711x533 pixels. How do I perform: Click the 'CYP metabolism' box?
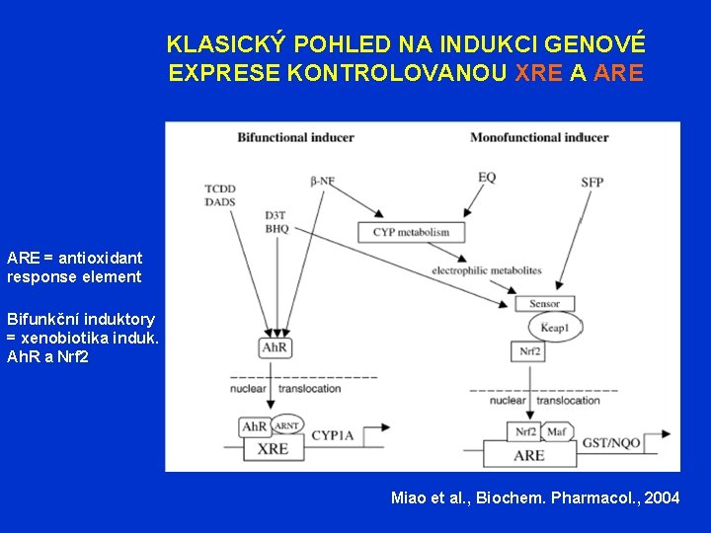coord(411,233)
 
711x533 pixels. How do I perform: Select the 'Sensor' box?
coord(544,304)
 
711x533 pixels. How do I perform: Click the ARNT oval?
coord(286,426)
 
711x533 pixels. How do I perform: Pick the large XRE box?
coord(273,448)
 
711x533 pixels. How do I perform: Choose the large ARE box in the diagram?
coord(529,455)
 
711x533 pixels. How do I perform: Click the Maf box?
coord(556,432)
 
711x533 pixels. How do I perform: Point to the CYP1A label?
coord(334,432)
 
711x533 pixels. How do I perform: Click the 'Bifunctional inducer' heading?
coord(281,137)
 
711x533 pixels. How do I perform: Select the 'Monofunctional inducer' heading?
coord(539,137)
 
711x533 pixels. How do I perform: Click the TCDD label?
coord(220,189)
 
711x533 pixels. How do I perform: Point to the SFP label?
coord(592,182)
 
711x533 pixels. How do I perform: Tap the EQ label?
coord(487,177)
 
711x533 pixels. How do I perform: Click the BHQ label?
coord(276,228)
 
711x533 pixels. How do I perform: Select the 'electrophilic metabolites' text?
coord(488,269)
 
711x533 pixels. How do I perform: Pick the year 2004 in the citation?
coord(660,497)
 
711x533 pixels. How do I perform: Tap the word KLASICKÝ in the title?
coord(226,43)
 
